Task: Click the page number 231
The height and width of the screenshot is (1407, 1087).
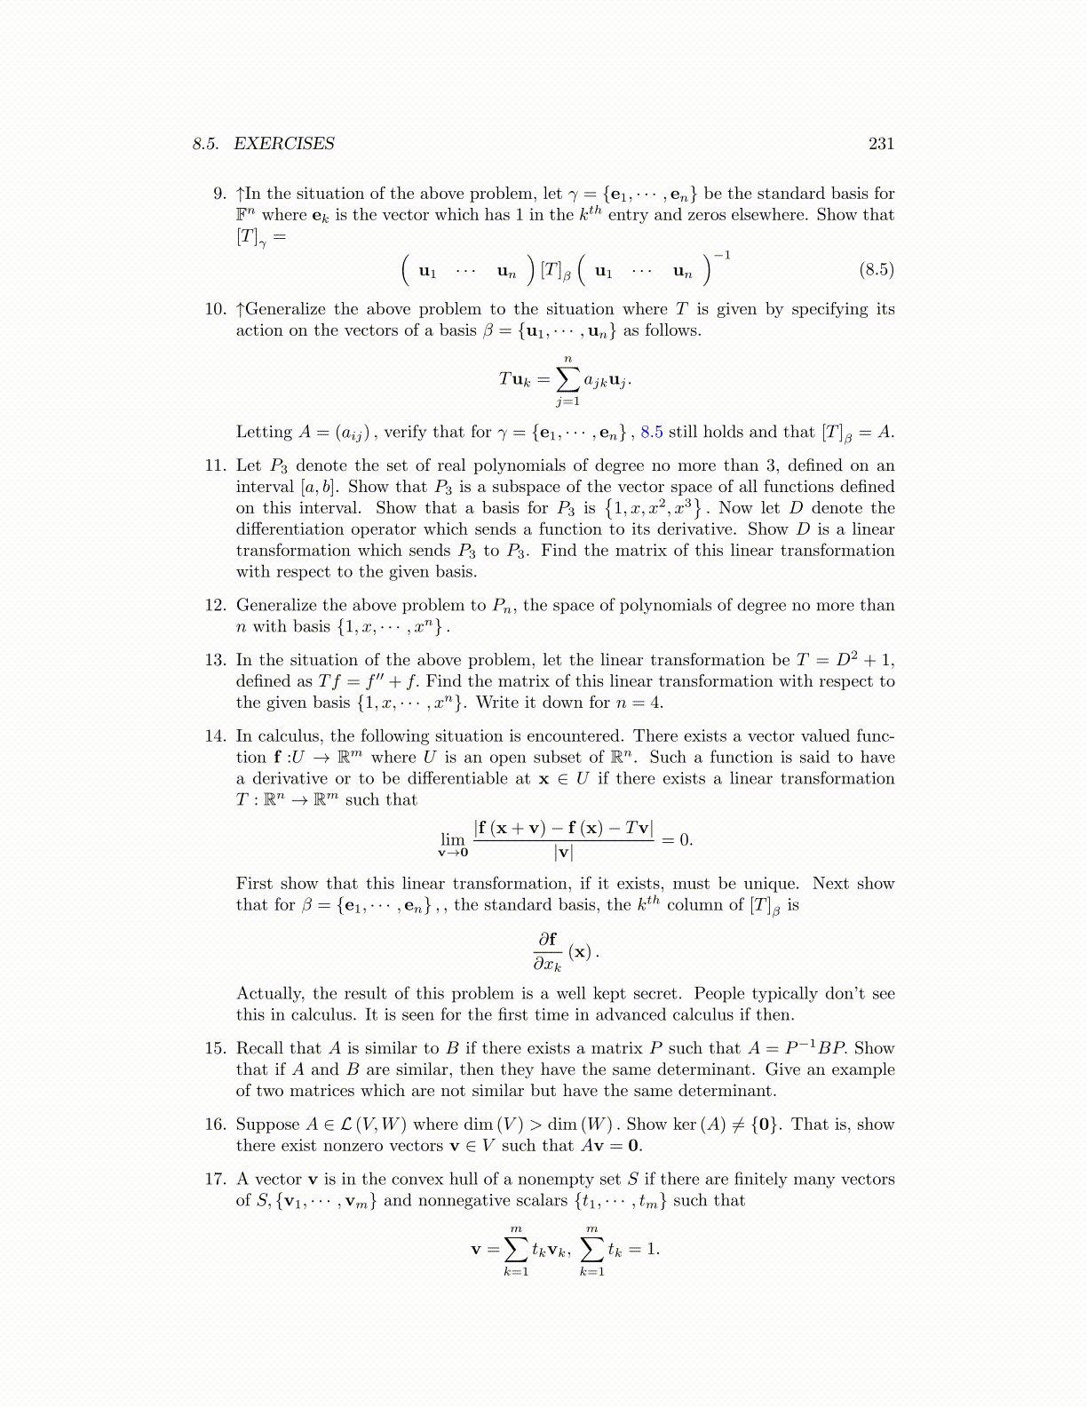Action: (x=881, y=144)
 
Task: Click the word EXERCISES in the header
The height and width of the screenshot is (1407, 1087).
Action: (x=284, y=144)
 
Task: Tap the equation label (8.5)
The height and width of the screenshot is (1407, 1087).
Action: (x=876, y=269)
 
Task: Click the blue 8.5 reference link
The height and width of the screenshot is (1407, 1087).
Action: (x=652, y=433)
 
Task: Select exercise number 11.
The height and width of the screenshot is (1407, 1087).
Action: (x=216, y=465)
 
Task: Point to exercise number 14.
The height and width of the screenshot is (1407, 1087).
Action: (x=216, y=736)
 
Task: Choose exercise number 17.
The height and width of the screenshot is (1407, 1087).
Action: (x=216, y=1180)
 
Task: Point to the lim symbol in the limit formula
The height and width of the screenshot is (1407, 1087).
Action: (x=453, y=839)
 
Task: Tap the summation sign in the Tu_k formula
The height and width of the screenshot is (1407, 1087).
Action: (x=567, y=379)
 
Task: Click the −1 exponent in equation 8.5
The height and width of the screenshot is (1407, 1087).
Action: (x=722, y=256)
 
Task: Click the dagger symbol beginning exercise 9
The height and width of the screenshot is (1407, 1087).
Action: (x=240, y=194)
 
